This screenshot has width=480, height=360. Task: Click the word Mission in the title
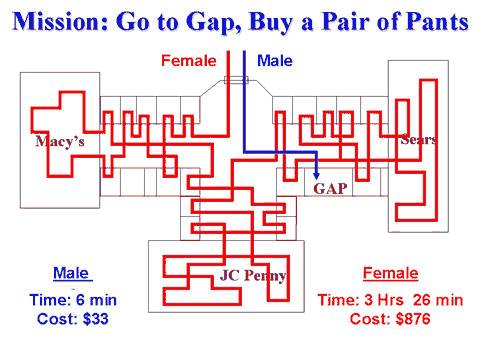click(62, 21)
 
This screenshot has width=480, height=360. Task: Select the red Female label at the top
click(189, 61)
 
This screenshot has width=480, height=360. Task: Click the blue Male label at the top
click(275, 61)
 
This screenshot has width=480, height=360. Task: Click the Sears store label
click(418, 140)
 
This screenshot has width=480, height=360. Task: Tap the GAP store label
click(330, 187)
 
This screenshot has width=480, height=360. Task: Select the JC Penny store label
click(253, 276)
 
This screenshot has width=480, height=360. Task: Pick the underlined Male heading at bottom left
click(71, 272)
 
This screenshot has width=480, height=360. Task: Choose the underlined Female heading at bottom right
click(391, 273)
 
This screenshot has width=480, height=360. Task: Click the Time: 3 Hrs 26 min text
click(391, 300)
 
